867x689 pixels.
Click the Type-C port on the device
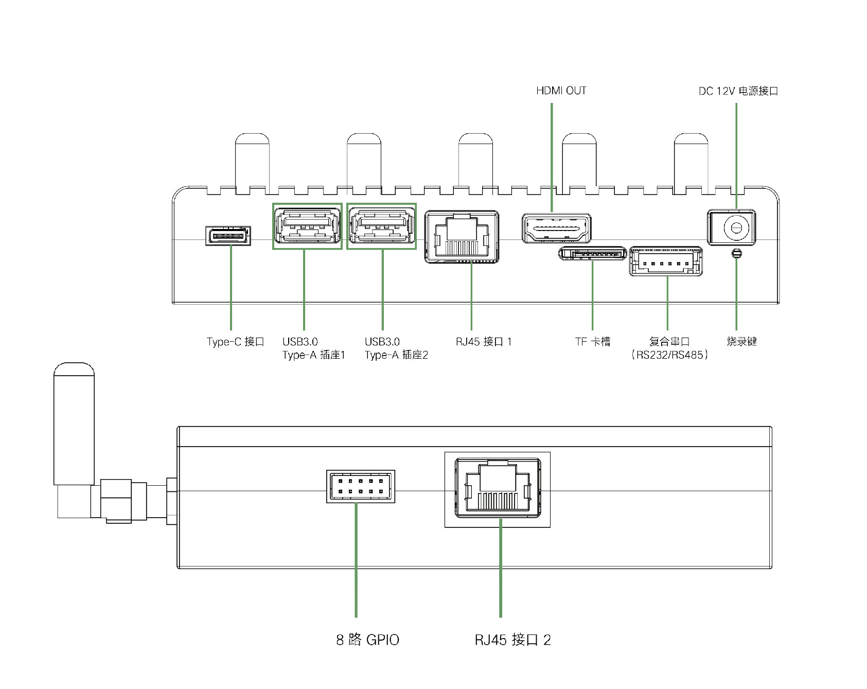tap(228, 236)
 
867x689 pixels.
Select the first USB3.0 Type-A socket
tap(307, 226)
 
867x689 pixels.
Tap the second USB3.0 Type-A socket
tap(382, 226)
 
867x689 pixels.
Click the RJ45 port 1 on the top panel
tap(462, 237)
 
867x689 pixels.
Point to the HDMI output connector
tap(556, 228)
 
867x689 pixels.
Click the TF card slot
tap(593, 253)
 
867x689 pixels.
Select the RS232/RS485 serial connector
tap(666, 261)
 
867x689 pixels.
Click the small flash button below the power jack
tap(736, 253)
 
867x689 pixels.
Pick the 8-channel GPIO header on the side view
tap(360, 486)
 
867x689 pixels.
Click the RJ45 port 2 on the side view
tap(498, 489)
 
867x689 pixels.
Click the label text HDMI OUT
tap(561, 91)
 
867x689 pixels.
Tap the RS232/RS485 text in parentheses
tap(669, 355)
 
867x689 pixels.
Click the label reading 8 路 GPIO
tap(367, 640)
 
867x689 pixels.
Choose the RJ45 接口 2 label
tap(512, 640)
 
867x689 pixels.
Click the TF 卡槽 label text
tap(593, 342)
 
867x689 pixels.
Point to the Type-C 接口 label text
tap(235, 342)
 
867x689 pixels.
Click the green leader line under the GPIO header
tap(356, 560)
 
